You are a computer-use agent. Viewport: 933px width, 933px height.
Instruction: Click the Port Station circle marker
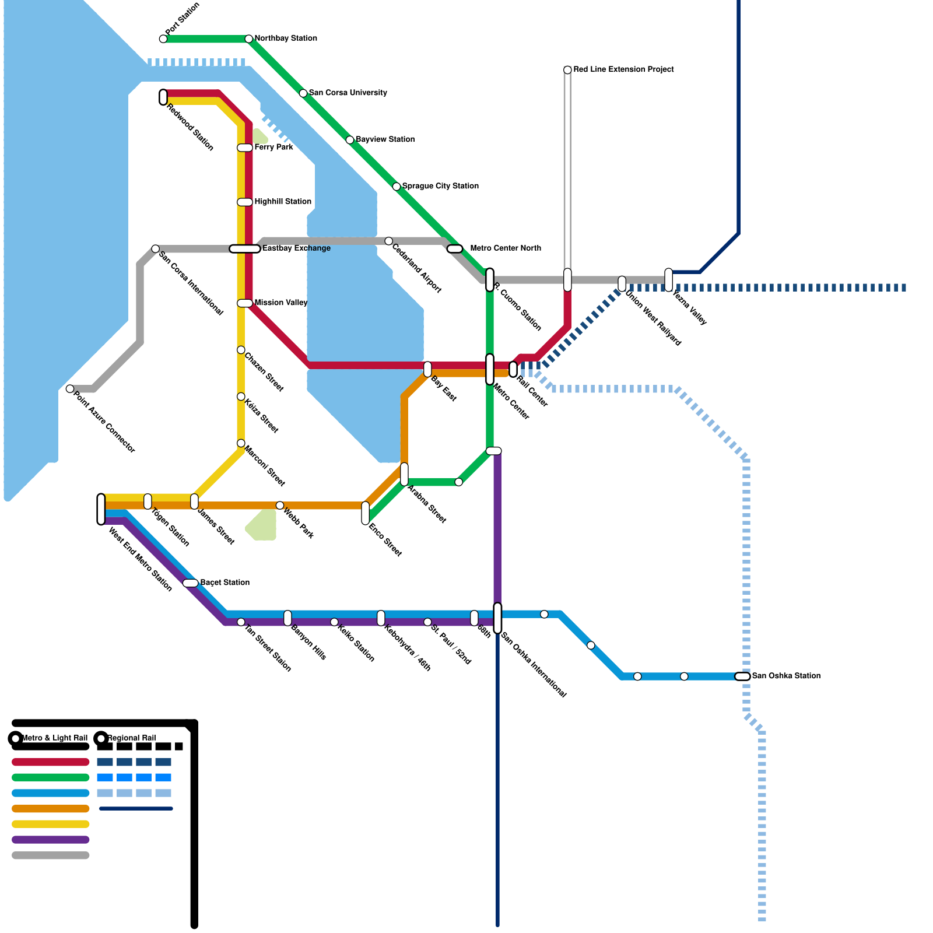point(163,39)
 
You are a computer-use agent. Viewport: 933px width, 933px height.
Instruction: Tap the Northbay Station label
point(286,38)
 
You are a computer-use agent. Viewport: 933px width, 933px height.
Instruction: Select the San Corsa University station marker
point(303,93)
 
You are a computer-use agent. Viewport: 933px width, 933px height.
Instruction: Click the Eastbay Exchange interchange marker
point(245,249)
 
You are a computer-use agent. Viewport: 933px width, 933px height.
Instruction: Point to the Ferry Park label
point(273,148)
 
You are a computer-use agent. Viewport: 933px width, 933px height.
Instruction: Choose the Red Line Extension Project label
point(623,69)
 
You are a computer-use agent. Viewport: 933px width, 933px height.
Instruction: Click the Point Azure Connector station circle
point(70,389)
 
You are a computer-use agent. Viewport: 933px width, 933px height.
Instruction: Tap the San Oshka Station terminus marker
point(742,676)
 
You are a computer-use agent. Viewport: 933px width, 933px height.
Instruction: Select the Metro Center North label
point(505,248)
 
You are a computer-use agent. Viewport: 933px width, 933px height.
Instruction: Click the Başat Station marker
point(191,583)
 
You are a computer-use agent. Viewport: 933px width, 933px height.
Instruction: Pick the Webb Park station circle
point(280,506)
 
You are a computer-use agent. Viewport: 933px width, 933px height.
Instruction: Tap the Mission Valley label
point(280,303)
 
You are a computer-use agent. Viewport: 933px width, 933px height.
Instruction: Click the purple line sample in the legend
point(51,840)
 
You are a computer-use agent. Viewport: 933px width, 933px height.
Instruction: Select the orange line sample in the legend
point(51,809)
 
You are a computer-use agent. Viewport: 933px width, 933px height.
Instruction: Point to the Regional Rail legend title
point(131,738)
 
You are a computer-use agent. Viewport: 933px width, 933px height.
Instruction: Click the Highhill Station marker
point(245,202)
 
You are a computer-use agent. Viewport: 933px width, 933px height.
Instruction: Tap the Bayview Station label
point(385,139)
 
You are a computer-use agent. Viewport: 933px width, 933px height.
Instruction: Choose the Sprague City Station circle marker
point(397,187)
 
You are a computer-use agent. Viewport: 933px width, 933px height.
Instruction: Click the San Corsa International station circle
point(156,249)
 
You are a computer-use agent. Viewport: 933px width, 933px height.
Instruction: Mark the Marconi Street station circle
point(241,444)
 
